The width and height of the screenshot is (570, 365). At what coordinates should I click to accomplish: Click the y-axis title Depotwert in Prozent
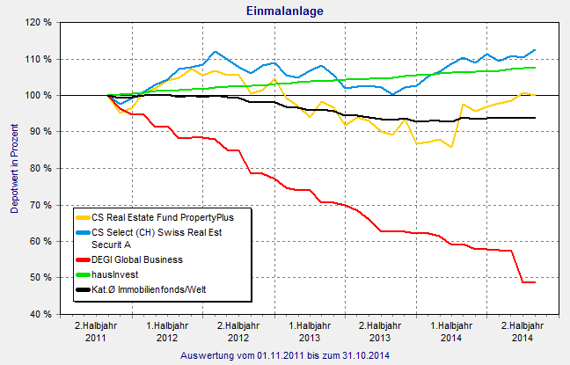point(14,168)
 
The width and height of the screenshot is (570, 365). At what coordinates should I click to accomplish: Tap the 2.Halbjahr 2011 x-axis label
point(97,332)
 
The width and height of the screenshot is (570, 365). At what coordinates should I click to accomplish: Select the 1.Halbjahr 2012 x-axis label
point(168,332)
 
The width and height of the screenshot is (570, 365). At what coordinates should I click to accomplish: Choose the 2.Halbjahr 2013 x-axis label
point(380,332)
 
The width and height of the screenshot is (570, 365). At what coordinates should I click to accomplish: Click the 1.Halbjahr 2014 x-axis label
point(450,332)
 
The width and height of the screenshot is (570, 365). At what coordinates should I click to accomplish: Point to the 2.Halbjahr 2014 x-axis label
point(522,332)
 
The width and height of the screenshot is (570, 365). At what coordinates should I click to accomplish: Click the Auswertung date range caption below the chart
point(284,355)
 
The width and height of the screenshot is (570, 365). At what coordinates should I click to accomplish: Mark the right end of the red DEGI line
point(535,282)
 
